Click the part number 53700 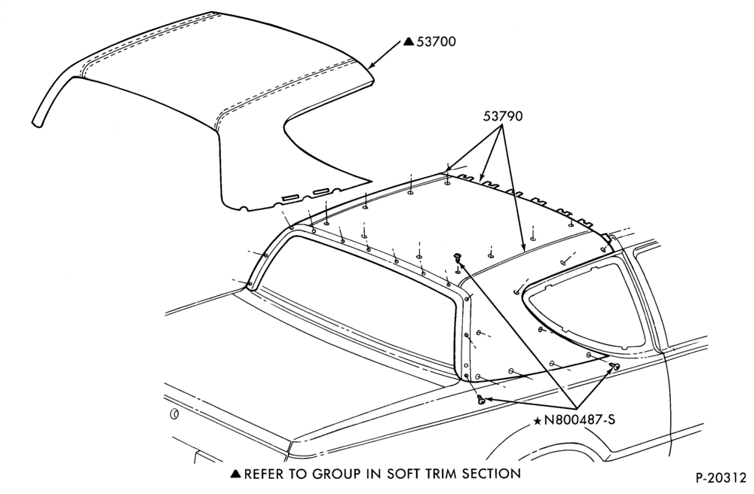tap(436, 41)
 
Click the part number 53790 tap(503, 116)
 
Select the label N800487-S tap(579, 419)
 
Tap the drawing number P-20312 tap(721, 478)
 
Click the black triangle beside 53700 tap(408, 41)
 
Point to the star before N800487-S tap(537, 421)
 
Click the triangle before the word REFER tap(235, 474)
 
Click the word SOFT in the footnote tap(405, 474)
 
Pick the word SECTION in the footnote tap(492, 474)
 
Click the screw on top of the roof tap(457, 258)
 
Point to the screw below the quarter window tap(614, 367)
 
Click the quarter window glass tap(587, 303)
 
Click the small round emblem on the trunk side tap(174, 414)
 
